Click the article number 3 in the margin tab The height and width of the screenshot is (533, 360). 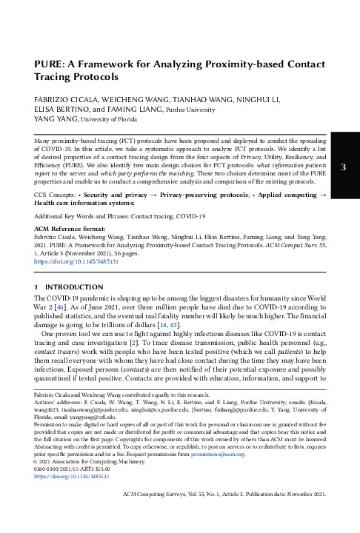pos(343,167)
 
